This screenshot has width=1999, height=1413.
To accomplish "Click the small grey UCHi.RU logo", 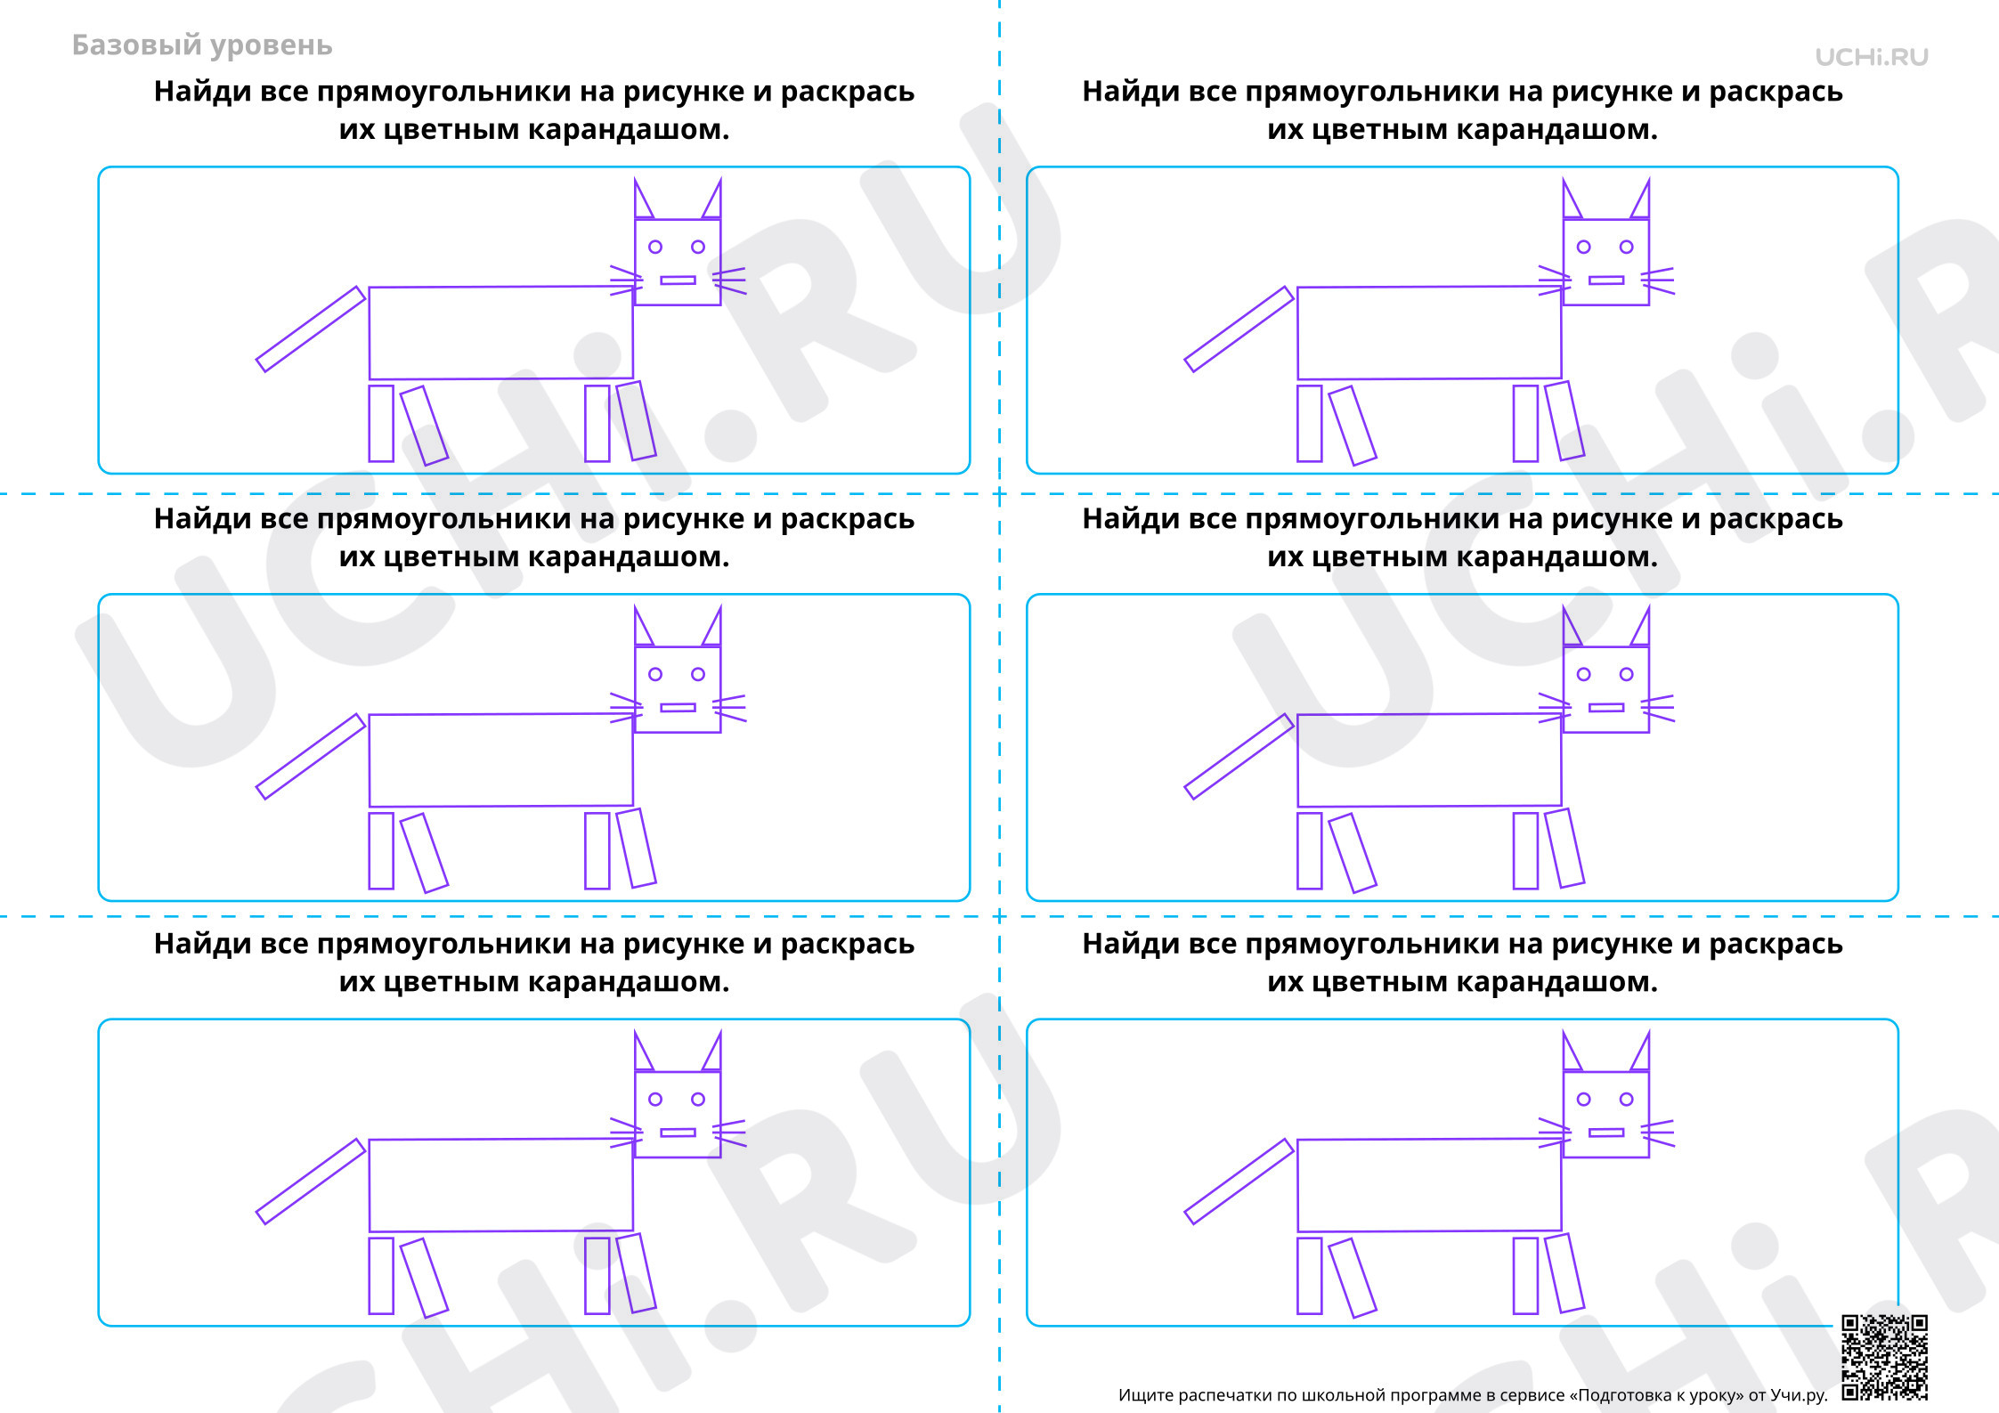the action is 1871,57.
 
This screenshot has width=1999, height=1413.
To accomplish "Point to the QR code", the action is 1884,1357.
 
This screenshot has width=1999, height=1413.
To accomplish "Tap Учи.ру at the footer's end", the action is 1799,1395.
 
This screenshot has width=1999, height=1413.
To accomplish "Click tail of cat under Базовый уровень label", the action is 311,329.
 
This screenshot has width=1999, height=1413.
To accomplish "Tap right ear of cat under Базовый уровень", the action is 712,200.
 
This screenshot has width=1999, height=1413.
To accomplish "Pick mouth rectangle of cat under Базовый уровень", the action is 678,280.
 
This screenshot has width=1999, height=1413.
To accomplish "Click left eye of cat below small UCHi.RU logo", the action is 1583,247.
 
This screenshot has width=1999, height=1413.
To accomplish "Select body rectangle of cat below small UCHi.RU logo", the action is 1429,332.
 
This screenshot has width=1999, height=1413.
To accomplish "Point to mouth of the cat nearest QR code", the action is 1606,1133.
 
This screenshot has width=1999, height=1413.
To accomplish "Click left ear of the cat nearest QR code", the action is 1572,1052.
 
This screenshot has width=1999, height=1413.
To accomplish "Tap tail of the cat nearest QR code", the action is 1239,1182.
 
